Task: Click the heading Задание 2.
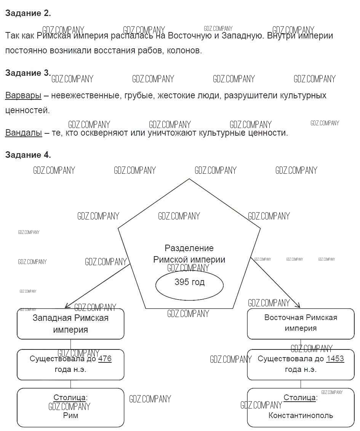tap(28, 13)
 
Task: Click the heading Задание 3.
tap(28, 73)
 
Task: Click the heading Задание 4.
tap(28, 155)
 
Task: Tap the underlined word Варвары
tap(23, 95)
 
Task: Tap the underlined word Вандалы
tap(24, 133)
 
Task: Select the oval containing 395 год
tap(189, 284)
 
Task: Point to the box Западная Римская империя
tap(70, 324)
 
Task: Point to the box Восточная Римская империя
tap(301, 324)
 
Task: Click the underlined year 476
tap(105, 359)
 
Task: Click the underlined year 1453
tap(335, 359)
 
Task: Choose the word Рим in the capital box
tap(70, 415)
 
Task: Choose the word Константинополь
tap(301, 415)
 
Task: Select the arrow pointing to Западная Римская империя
tap(97, 286)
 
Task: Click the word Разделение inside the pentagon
tap(189, 248)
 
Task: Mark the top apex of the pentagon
tap(189, 179)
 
